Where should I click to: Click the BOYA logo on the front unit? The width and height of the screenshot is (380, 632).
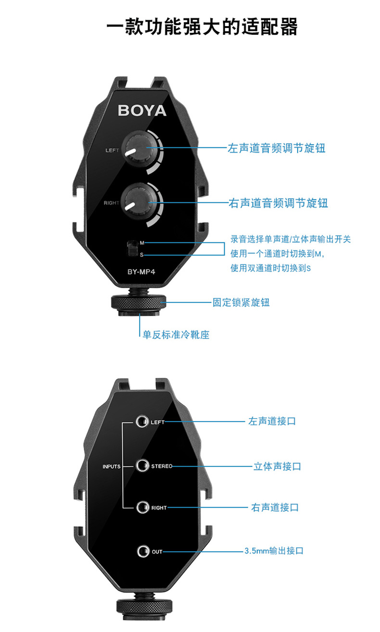(142, 110)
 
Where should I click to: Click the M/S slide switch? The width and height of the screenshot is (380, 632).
(131, 249)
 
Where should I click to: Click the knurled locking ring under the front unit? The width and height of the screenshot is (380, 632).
(139, 303)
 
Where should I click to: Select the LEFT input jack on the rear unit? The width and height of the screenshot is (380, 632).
(141, 422)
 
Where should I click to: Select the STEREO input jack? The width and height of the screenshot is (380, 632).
(141, 466)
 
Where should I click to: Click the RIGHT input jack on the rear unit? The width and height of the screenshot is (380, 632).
(141, 507)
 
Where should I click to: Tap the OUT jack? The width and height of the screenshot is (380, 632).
(142, 551)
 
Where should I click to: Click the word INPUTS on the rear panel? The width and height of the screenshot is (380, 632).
(111, 466)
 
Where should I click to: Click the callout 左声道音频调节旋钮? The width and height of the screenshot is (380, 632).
(276, 148)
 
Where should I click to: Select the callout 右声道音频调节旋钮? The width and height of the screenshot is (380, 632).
(278, 203)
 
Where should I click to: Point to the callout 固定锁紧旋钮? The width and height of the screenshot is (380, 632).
(241, 303)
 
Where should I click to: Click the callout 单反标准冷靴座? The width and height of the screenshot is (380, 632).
(176, 334)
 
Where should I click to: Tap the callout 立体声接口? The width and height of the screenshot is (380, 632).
(277, 466)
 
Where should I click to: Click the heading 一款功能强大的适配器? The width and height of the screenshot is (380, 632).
(202, 27)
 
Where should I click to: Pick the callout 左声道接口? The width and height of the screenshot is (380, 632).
(272, 421)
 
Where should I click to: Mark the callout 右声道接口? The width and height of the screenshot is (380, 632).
(275, 507)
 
